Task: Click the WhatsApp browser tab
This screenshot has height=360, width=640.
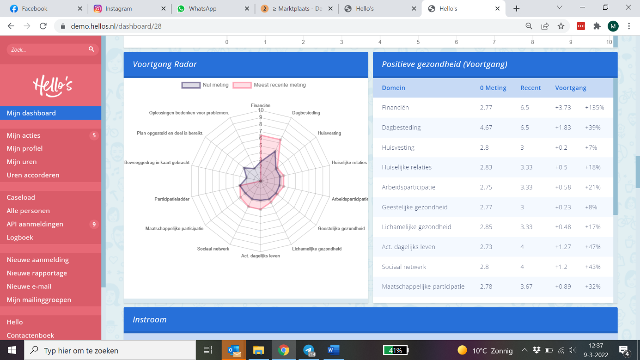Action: point(213,9)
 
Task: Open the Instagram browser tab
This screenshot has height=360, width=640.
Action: point(129,9)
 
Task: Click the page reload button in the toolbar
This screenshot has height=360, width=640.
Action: point(43,26)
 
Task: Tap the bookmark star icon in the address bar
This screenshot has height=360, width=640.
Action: point(561,26)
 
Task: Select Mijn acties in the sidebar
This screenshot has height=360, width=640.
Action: point(24,135)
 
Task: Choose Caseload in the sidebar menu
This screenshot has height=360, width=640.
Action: point(21,197)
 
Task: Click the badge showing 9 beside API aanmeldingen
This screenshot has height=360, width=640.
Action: point(94,224)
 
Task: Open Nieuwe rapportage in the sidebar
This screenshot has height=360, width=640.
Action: point(37,273)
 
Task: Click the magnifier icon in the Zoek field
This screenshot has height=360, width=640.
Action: point(91,49)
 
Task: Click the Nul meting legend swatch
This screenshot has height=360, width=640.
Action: point(191,85)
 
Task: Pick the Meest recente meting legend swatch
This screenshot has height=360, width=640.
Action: point(242,85)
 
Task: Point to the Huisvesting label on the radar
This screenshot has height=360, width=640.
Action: point(329,133)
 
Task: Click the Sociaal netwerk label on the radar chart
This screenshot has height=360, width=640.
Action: point(213,249)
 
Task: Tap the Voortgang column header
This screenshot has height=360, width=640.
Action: point(571,88)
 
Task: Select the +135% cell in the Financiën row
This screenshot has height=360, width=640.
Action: point(595,108)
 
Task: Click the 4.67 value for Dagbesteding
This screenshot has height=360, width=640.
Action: point(486,128)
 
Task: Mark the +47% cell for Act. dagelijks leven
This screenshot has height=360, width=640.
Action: point(593,247)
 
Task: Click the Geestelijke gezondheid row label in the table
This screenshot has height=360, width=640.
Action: point(414,207)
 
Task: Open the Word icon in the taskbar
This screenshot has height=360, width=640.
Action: point(333,350)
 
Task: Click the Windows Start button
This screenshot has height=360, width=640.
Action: point(12,350)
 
